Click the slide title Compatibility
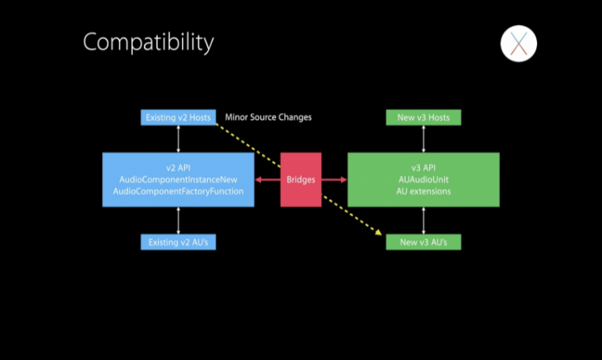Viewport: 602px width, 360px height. coord(148,42)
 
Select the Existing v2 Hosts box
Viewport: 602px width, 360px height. coord(178,117)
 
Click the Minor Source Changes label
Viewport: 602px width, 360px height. coord(268,117)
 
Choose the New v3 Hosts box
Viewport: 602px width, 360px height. coord(423,117)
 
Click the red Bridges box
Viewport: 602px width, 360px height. coord(301,180)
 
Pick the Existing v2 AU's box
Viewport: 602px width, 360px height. coord(178,242)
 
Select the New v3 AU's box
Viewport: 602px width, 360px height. coord(423,242)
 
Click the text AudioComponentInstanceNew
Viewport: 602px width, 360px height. coord(178,180)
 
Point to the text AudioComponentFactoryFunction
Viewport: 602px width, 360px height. coord(178,191)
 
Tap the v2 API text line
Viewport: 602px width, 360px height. coord(178,168)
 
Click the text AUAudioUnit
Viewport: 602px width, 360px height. coord(423,180)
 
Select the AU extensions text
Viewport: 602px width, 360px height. coord(423,191)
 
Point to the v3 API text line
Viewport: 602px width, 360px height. coord(423,168)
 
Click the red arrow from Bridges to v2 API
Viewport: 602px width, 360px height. coord(267,180)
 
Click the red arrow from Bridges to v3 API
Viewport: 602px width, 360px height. coord(334,180)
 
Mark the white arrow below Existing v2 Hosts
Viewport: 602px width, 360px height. coord(178,139)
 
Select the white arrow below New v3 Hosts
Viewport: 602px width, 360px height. coord(423,139)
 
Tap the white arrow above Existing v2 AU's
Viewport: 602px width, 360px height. coord(178,220)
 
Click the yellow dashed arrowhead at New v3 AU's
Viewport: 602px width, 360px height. coord(378,234)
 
